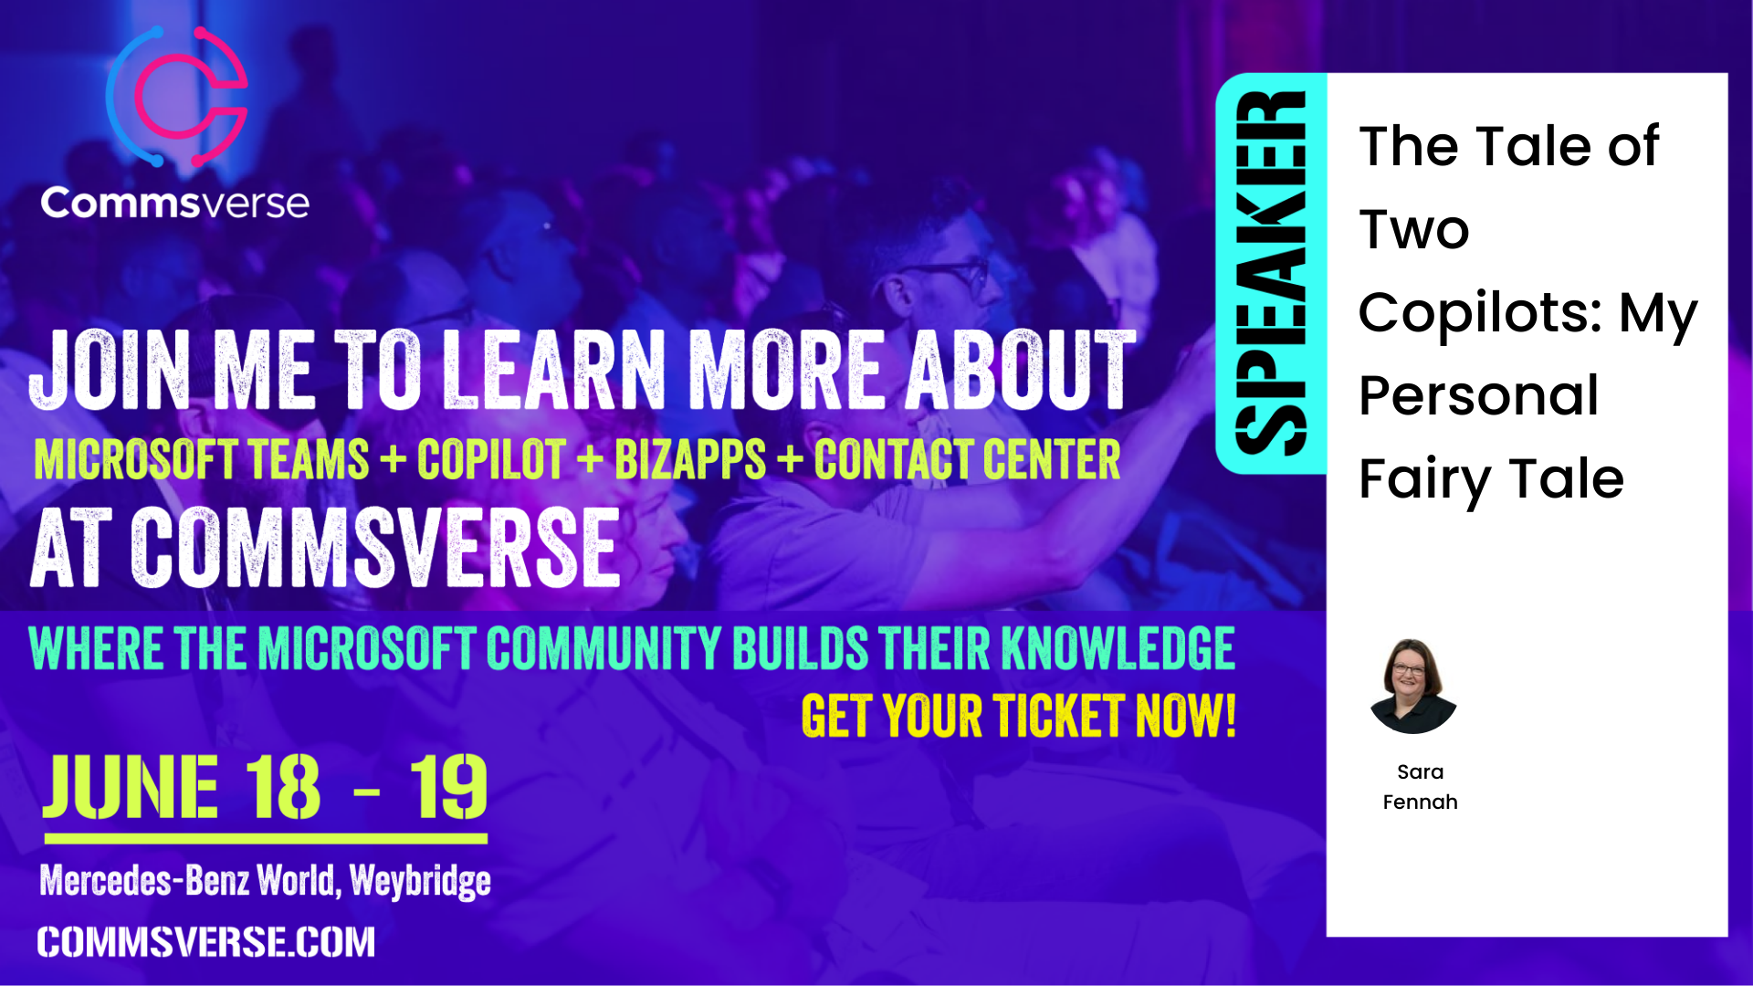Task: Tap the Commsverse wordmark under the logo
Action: point(174,203)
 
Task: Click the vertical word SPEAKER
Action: point(1270,273)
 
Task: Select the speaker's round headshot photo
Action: point(1413,686)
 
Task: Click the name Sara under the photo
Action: point(1420,772)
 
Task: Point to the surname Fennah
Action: point(1420,802)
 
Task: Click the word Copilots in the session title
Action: point(1480,314)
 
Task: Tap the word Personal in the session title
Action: point(1478,396)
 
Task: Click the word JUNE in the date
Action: point(131,787)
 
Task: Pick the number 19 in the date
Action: point(448,787)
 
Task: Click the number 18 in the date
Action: point(283,787)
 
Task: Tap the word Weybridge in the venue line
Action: point(420,882)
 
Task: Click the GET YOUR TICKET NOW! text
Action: point(1019,716)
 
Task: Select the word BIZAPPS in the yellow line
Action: point(690,459)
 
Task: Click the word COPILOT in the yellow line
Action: point(491,459)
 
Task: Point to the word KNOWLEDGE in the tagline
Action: point(1118,648)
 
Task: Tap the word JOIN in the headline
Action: point(110,370)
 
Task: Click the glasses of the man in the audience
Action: point(950,272)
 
